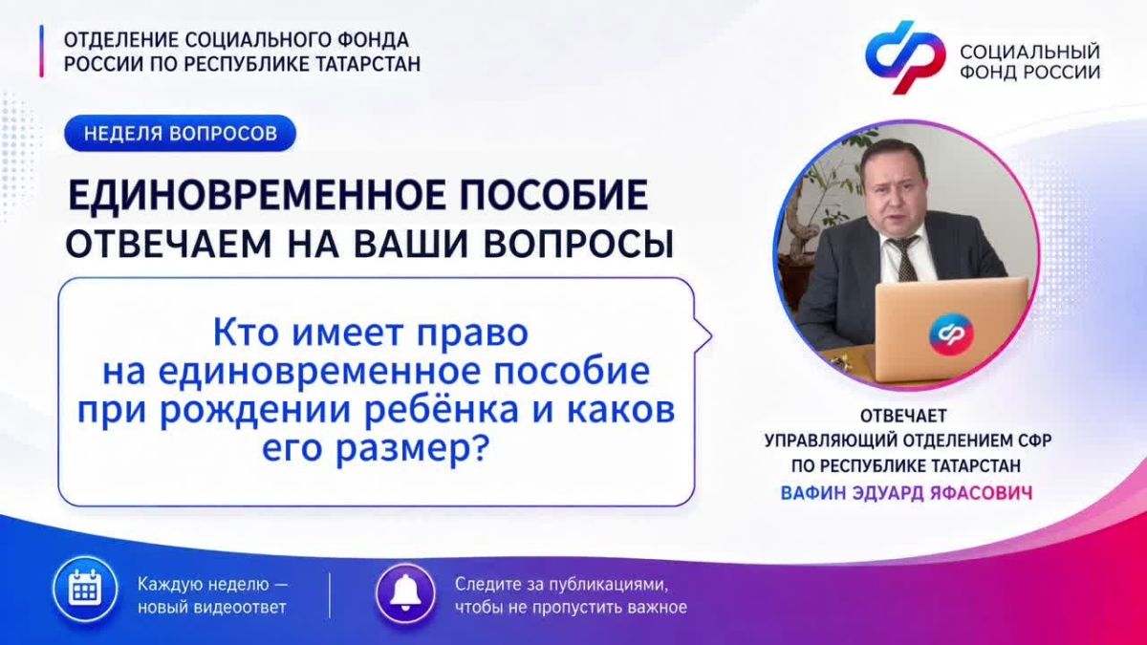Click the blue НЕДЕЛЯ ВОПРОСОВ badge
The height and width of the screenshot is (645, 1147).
click(181, 133)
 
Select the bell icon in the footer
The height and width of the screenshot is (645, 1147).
click(405, 593)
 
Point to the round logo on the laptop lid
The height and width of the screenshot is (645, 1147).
click(950, 334)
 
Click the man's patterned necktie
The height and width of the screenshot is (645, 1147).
click(903, 259)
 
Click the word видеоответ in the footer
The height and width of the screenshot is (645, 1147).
click(240, 608)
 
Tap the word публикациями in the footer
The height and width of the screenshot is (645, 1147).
click(609, 585)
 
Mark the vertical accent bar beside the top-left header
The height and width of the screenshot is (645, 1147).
click(41, 52)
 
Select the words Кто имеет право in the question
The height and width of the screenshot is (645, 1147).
click(370, 333)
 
